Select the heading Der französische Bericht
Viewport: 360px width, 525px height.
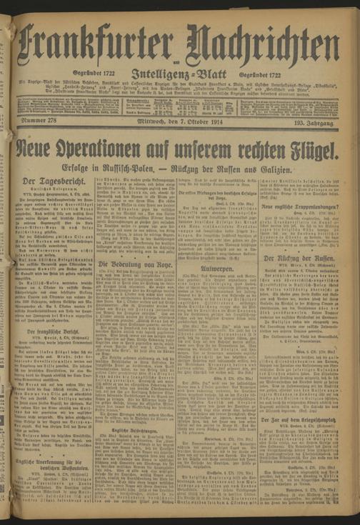pyautogui.click(x=47, y=333)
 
